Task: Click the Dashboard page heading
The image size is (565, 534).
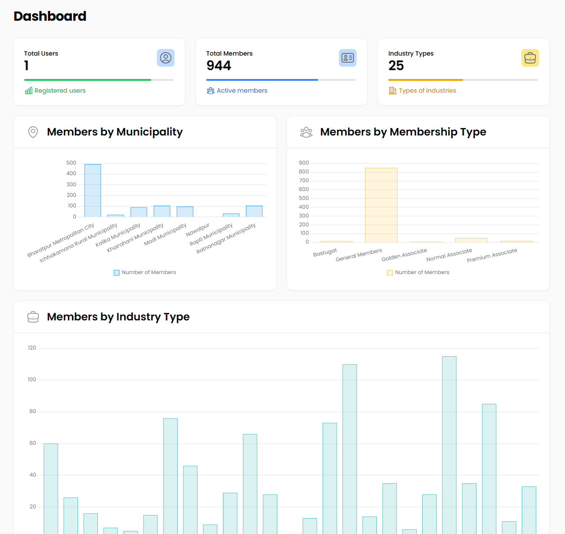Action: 50,16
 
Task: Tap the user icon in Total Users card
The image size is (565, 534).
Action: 166,58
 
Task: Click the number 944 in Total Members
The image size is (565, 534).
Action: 219,66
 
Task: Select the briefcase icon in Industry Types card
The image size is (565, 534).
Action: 530,58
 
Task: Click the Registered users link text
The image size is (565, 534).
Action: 60,90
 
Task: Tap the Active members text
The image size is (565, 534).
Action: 242,90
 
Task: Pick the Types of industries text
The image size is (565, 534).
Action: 427,90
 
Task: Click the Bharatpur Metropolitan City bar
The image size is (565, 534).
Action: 93,190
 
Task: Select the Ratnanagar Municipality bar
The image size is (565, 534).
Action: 254,211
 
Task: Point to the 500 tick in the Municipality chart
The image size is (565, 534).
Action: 71,163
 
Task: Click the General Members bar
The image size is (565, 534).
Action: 381,205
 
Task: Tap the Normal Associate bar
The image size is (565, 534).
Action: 471,240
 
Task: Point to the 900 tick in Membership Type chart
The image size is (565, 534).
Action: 304,163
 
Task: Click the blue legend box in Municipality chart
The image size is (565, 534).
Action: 117,273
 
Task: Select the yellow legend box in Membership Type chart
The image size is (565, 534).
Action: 390,273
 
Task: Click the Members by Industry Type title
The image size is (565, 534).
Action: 118,317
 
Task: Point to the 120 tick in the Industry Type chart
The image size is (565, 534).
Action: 32,348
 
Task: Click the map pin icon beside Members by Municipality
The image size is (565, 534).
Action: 33,132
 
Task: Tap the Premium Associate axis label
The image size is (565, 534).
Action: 492,256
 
